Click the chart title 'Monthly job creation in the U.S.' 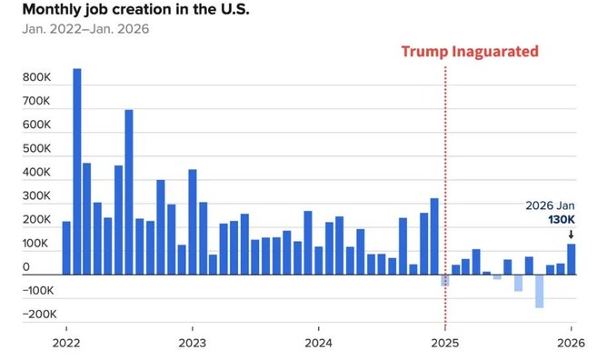tap(136, 10)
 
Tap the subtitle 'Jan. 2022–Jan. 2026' tap(85, 29)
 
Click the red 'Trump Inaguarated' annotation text tap(470, 52)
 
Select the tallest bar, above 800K tap(77, 172)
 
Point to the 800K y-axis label tap(36, 77)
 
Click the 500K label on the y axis tap(36, 148)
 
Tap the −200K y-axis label tap(39, 315)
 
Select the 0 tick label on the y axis tap(25, 267)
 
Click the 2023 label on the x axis tap(193, 343)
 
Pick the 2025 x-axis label tap(444, 343)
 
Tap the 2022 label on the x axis tap(66, 343)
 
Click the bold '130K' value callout tap(562, 220)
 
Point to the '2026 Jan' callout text tap(550, 205)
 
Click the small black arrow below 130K tap(571, 235)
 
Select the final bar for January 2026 tap(572, 259)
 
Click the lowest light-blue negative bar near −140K tap(540, 291)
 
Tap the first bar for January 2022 tap(66, 248)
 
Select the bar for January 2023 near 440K tap(193, 222)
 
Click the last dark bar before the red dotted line tap(434, 236)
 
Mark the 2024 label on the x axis tap(318, 343)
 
